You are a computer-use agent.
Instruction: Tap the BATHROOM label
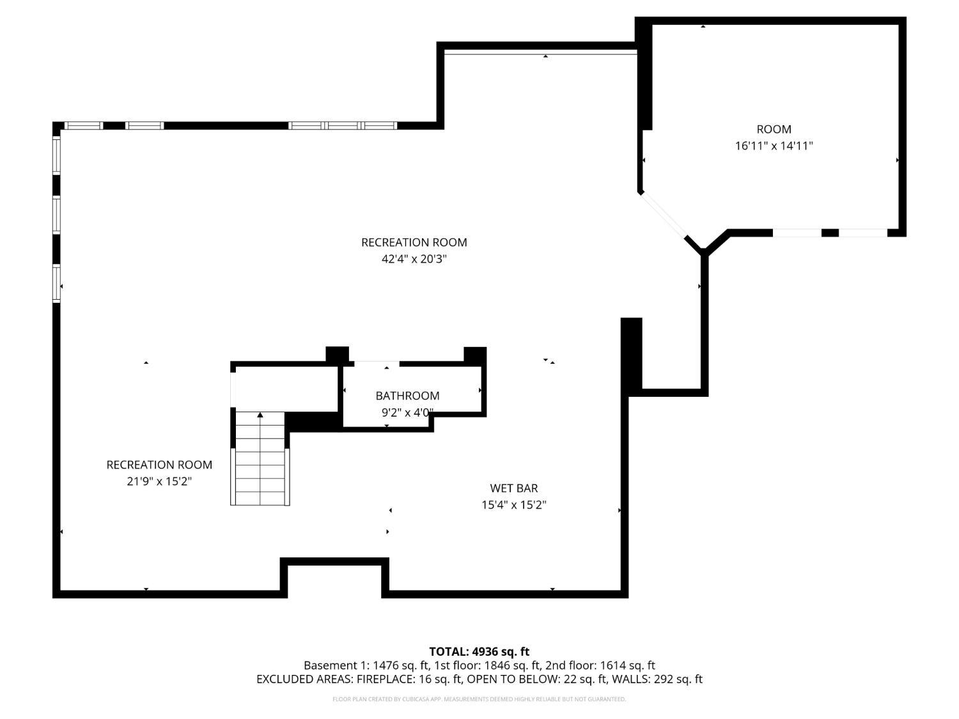point(407,396)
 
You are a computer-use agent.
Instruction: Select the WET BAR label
point(513,488)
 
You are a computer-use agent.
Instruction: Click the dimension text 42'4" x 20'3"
point(414,259)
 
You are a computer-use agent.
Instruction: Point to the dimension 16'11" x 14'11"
point(774,146)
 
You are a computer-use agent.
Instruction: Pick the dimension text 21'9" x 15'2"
point(159,481)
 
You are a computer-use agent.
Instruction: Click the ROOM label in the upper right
point(774,129)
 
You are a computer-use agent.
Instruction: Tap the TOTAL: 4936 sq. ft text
point(479,651)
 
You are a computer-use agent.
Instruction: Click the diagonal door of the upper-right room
point(663,214)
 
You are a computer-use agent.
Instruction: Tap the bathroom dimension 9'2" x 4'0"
point(407,413)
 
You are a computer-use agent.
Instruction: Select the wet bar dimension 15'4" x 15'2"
point(513,505)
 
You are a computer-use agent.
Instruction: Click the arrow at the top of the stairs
point(260,415)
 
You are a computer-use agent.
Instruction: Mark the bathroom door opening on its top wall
point(377,364)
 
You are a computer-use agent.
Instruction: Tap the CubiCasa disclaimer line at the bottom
point(479,699)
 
